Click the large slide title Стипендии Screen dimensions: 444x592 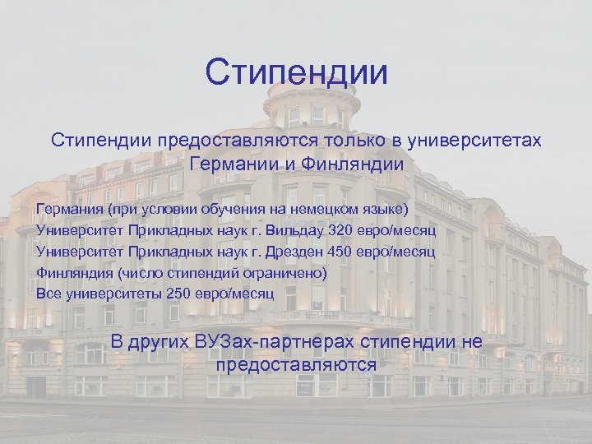point(296,73)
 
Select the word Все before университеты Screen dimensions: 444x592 point(49,293)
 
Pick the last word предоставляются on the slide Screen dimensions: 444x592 point(296,364)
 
